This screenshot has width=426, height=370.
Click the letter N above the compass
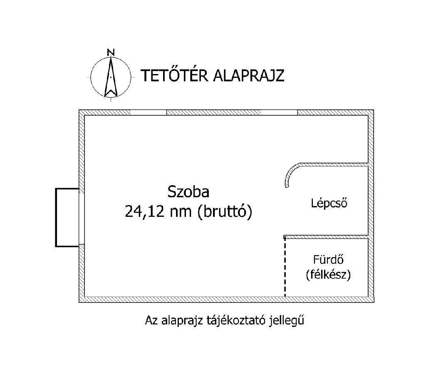click(111, 52)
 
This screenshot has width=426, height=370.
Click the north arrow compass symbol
click(111, 77)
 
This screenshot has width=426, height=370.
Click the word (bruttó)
click(225, 212)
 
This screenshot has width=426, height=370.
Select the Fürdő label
click(328, 260)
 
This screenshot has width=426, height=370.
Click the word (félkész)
click(328, 275)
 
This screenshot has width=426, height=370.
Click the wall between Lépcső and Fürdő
click(327, 237)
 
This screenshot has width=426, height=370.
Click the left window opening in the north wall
click(148, 112)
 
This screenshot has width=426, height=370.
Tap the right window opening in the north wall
click(279, 112)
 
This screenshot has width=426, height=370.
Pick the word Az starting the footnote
click(150, 321)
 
